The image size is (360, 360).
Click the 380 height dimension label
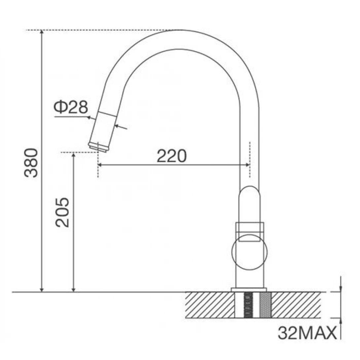(32, 163)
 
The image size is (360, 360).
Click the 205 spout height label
(62, 212)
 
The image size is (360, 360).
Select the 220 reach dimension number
(171, 156)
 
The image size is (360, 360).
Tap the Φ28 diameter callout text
(71, 108)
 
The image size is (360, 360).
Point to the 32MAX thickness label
(307, 333)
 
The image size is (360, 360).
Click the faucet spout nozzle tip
(98, 147)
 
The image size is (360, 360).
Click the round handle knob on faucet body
(249, 253)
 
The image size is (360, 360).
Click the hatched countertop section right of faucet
(296, 305)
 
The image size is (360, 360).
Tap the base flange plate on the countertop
(249, 290)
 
